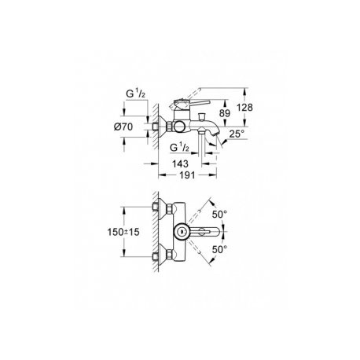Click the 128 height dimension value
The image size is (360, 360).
point(244,108)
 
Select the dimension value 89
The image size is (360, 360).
point(224,113)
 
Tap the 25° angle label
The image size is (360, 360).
point(237,134)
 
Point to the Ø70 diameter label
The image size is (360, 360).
point(123,127)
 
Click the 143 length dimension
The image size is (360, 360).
point(180,164)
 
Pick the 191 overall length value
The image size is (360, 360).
point(187,175)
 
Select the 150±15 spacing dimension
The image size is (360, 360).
point(123,232)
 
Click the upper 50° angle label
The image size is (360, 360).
point(219,215)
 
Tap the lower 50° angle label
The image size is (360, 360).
point(219,249)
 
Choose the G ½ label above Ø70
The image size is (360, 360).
point(135,94)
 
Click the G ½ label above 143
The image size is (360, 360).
point(179,148)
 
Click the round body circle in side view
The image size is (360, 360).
point(179,127)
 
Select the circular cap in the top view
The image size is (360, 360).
point(181,232)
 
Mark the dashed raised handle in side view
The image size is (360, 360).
point(185,98)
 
